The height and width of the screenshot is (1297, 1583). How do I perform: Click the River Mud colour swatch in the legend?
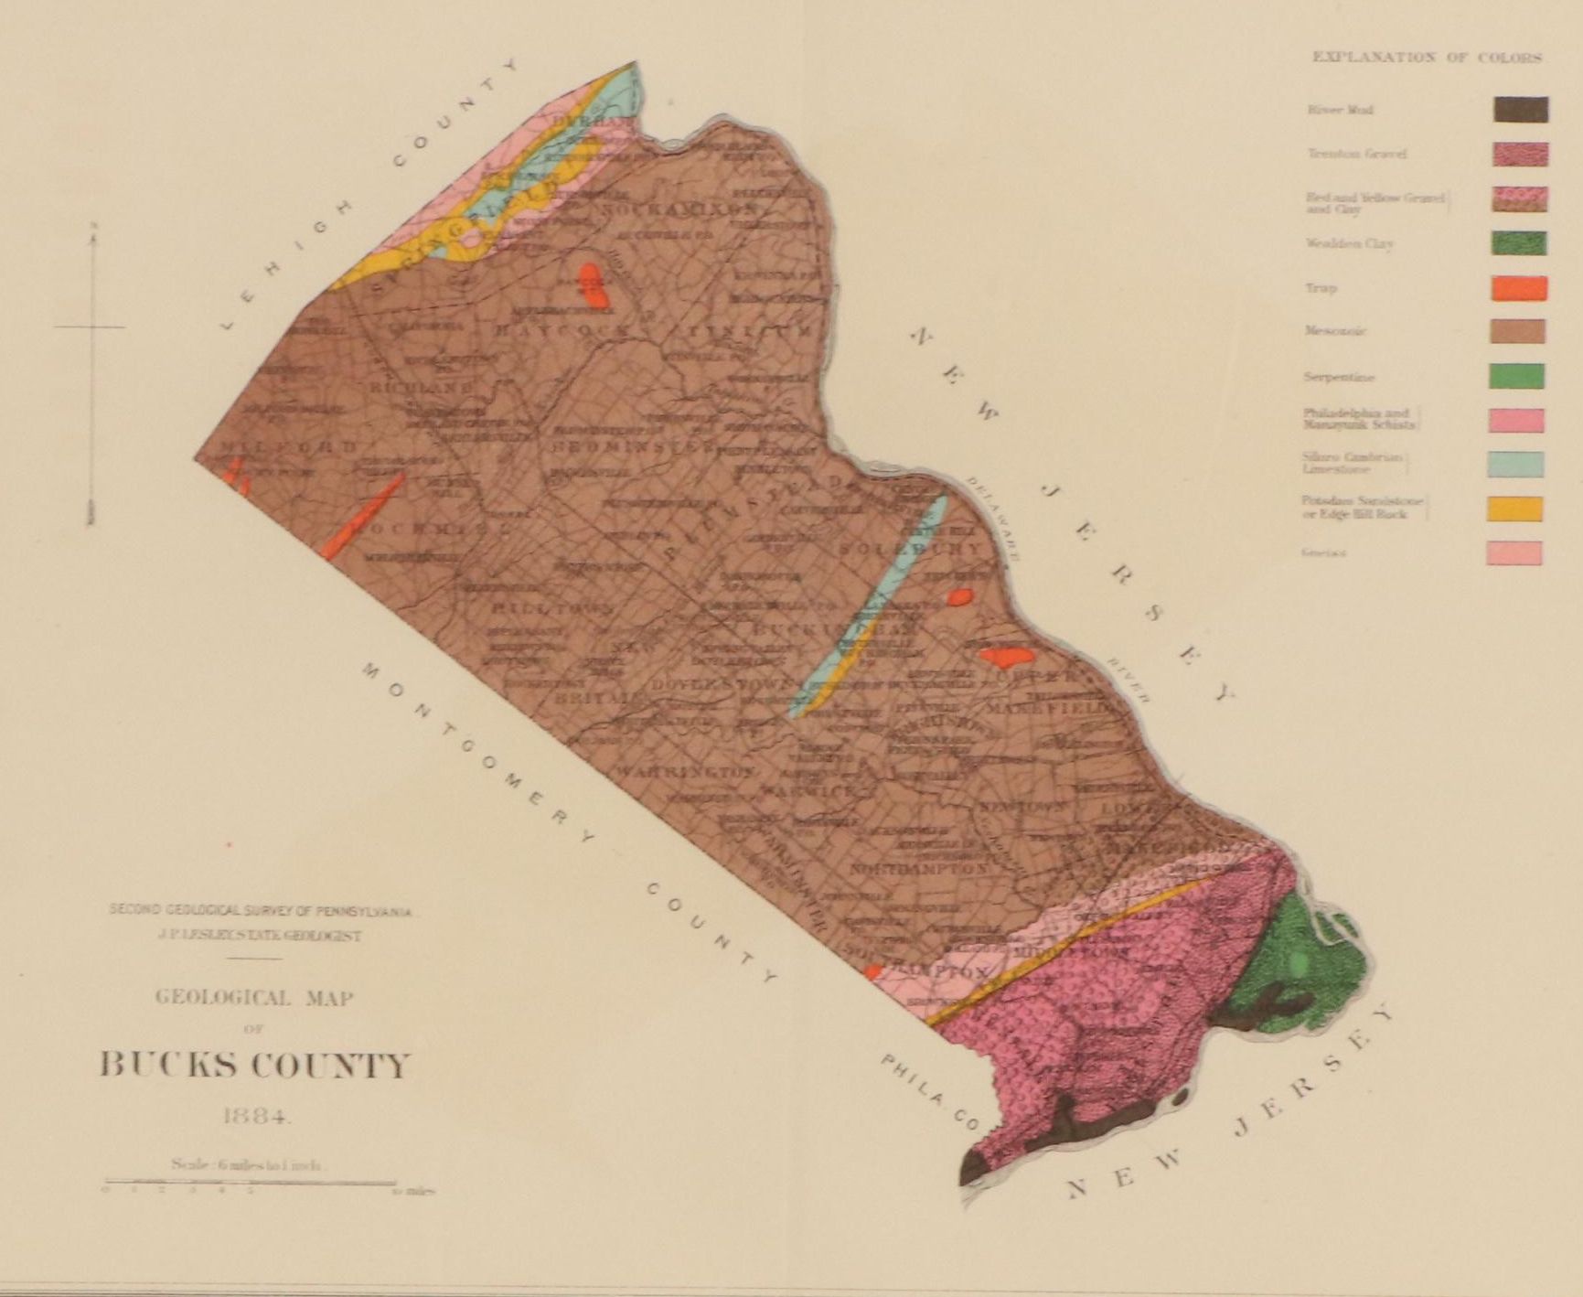coord(1520,110)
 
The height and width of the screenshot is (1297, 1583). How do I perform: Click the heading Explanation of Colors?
coord(1427,57)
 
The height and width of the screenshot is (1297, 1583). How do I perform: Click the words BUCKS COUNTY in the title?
coord(254,1066)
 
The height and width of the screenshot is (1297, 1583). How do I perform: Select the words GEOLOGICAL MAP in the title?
coord(254,998)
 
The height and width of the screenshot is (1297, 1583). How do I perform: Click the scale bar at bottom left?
coord(251,1183)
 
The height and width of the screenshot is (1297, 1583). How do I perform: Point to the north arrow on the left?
coord(91,375)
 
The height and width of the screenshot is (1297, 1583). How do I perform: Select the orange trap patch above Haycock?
coord(594,284)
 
